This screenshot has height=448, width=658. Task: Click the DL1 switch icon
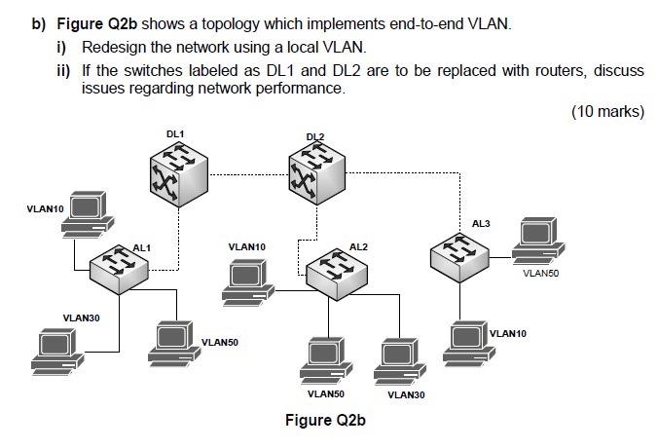[x=176, y=173]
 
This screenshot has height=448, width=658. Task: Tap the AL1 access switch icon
[x=121, y=264]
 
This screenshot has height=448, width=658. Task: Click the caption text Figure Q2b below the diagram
[x=325, y=421]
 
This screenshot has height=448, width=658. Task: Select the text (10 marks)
[x=607, y=111]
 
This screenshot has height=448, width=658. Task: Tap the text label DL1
[x=174, y=131]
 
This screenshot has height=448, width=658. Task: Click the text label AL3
[x=481, y=224]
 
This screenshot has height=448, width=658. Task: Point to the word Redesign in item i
[x=114, y=48]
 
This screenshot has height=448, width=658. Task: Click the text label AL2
[x=358, y=246]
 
